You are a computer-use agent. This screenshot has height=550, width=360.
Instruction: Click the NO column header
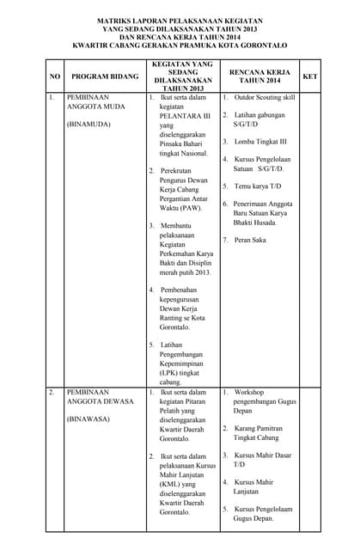[54, 76]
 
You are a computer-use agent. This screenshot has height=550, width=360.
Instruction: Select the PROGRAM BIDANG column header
[105, 76]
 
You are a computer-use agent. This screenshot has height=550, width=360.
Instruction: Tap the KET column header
[310, 76]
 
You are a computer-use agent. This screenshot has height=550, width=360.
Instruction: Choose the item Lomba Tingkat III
[259, 141]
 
